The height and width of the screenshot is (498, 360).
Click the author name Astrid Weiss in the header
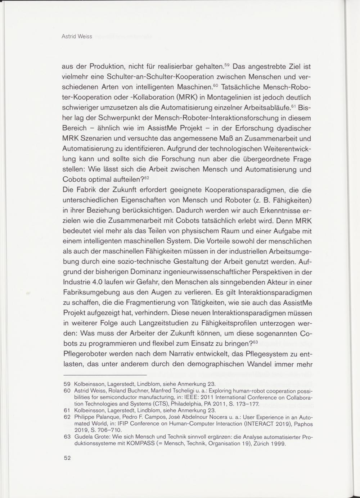(x=77, y=36)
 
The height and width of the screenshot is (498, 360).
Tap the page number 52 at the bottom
(x=67, y=458)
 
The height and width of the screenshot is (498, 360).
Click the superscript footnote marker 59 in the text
(x=227, y=65)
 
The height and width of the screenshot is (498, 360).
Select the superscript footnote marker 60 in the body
(x=216, y=85)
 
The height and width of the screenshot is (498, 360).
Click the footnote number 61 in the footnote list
(x=67, y=410)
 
